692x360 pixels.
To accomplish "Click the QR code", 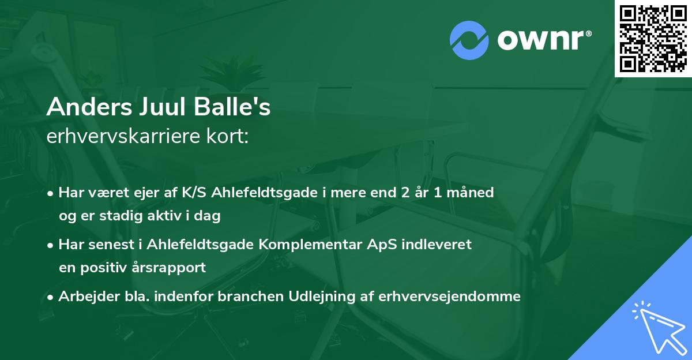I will pos(653,39).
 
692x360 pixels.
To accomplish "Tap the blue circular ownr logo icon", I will pos(469,40).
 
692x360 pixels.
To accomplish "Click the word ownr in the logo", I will pos(543,40).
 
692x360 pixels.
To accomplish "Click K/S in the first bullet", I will pos(197,193).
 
